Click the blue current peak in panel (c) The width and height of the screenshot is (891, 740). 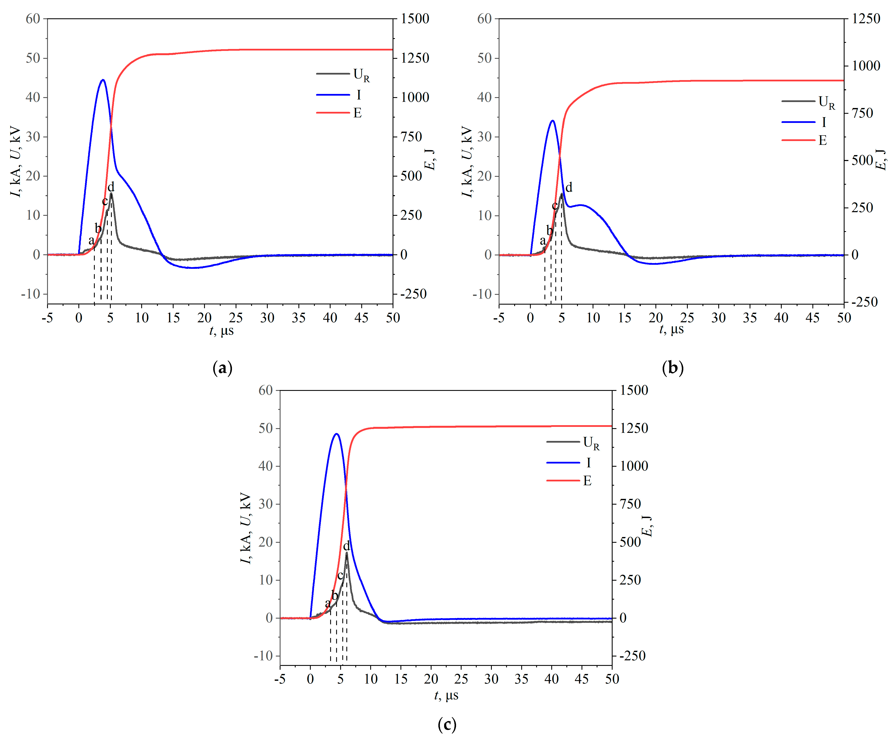pyautogui.click(x=337, y=434)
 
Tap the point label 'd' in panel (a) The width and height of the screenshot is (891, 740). pyautogui.click(x=111, y=187)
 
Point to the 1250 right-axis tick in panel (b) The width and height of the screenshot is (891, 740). pyautogui.click(x=865, y=19)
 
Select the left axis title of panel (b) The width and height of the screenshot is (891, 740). pyautogui.click(x=467, y=161)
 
